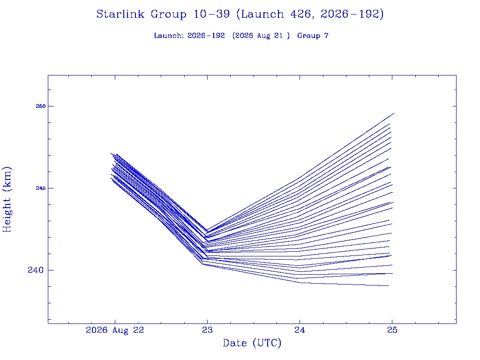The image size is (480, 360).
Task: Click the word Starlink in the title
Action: click(120, 14)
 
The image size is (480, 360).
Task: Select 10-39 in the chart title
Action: click(211, 14)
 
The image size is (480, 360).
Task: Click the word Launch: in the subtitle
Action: click(169, 36)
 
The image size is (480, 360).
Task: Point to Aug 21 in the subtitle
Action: click(270, 36)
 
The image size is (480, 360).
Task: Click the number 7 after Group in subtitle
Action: click(326, 36)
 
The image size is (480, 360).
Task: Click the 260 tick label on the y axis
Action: click(40, 106)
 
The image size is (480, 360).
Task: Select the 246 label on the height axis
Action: click(40, 188)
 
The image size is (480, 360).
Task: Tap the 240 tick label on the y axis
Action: click(36, 270)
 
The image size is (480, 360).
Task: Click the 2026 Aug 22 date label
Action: click(115, 330)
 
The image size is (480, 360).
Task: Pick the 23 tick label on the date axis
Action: click(207, 330)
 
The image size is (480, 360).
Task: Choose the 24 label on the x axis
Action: click(300, 330)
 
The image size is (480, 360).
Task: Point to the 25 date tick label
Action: click(392, 330)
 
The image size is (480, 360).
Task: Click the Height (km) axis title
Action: click(7, 199)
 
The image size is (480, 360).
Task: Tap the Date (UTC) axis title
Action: click(252, 343)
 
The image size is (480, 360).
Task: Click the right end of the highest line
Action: click(394, 113)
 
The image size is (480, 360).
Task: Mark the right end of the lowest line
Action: click(389, 285)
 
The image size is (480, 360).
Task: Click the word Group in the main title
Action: click(169, 15)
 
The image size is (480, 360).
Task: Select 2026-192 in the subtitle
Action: click(206, 36)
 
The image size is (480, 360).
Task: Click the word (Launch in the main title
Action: click(260, 15)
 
